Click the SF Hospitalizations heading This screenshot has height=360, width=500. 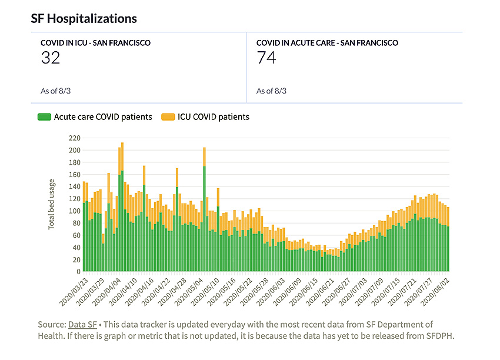[84, 18]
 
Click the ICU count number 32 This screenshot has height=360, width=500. [51, 58]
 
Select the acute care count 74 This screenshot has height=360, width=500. [266, 58]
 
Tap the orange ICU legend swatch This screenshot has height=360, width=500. [168, 117]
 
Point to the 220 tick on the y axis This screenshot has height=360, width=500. [74, 138]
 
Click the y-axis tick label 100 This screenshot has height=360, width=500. [74, 211]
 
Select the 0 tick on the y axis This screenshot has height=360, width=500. [77, 272]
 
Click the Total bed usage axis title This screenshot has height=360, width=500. [52, 204]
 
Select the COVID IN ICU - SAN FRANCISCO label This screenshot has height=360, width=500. [95, 43]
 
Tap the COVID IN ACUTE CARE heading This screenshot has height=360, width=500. [327, 43]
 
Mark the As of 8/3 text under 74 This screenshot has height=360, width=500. [271, 91]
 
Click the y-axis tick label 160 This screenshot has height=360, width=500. [74, 175]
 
